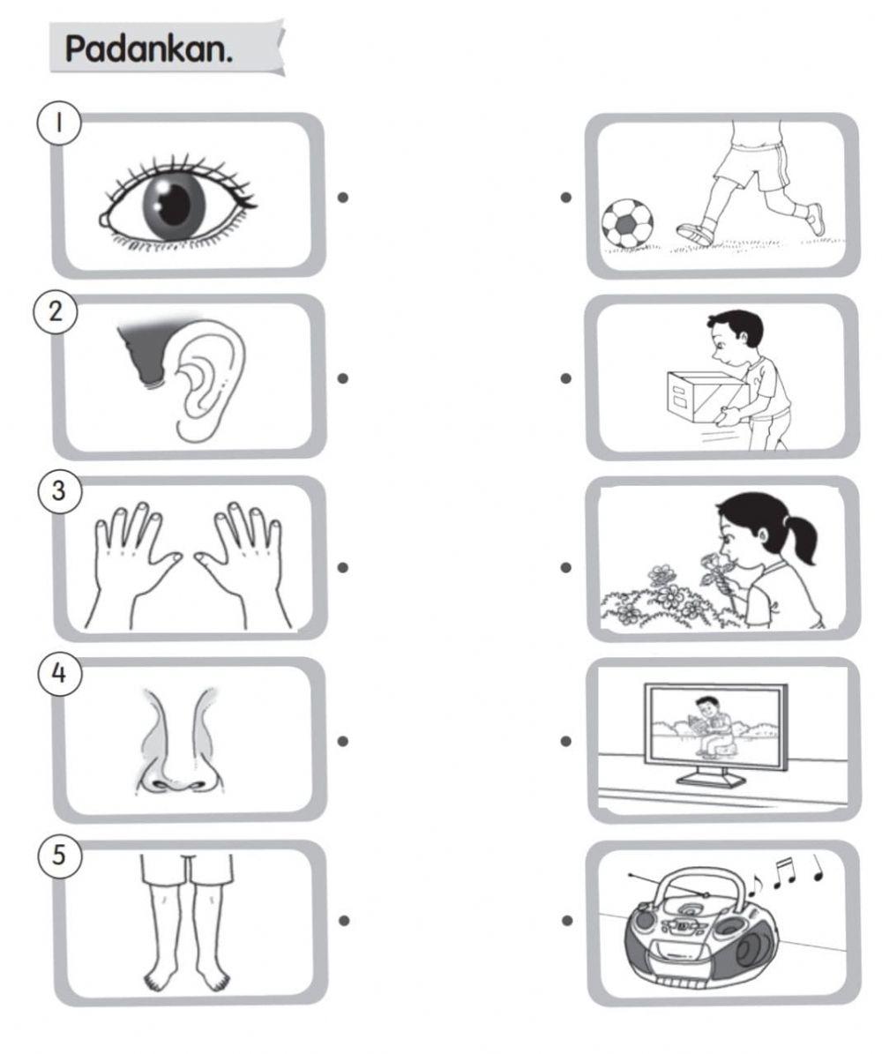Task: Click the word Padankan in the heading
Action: click(148, 49)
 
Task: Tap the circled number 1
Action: click(59, 123)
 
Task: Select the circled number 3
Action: click(59, 490)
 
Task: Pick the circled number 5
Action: click(59, 855)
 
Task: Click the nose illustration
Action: click(177, 739)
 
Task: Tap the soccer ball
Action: click(626, 223)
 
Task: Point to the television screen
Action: click(714, 728)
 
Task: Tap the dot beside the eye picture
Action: click(343, 197)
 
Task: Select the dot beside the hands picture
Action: click(343, 567)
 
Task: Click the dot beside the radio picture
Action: click(567, 920)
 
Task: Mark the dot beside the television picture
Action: click(566, 741)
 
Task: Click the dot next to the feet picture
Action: click(344, 920)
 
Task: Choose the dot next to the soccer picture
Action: click(566, 197)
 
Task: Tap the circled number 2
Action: click(56, 311)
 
